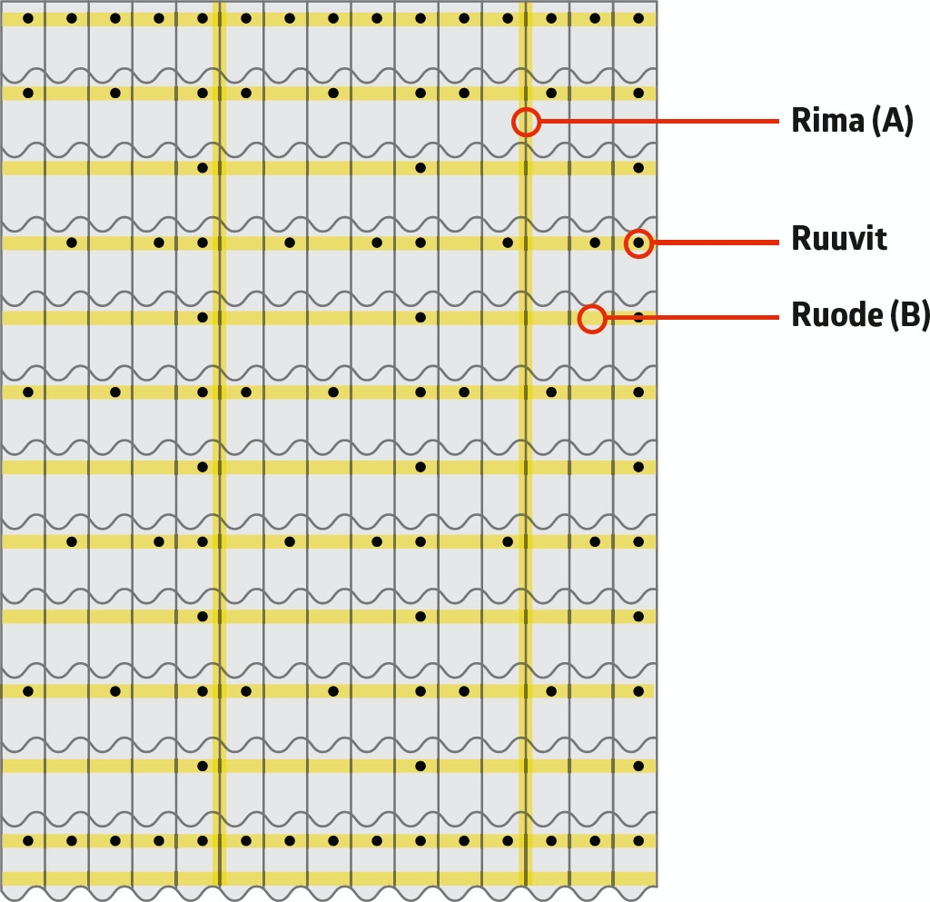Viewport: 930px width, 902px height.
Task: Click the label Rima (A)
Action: coord(852,121)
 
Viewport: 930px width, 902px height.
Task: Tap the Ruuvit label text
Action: coord(838,240)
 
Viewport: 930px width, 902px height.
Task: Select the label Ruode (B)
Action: coord(860,315)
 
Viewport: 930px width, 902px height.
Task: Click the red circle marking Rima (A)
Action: coord(526,122)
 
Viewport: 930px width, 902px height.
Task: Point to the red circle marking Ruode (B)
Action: coord(592,318)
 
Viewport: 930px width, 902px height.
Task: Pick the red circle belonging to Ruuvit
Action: coord(638,243)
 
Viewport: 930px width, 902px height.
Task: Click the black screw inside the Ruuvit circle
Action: coord(638,243)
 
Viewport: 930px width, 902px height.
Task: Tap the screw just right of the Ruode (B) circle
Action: coord(638,318)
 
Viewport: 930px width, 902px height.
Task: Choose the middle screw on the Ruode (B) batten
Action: coord(420,318)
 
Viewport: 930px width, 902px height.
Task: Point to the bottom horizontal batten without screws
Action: coord(327,878)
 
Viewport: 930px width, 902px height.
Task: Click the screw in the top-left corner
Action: coord(28,18)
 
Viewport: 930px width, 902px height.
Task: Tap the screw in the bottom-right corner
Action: coord(638,841)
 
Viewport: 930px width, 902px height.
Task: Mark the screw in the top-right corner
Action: coord(638,18)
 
